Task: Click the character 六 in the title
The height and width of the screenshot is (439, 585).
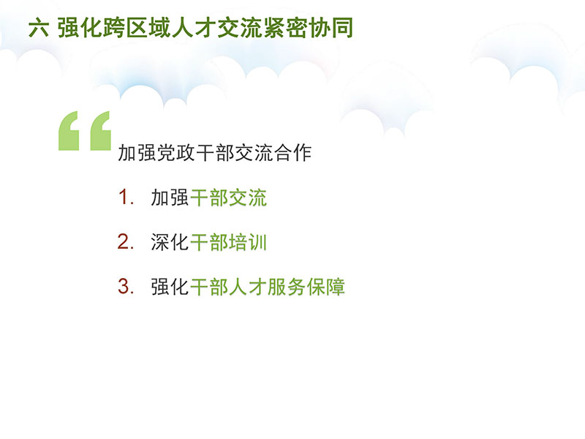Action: click(x=39, y=28)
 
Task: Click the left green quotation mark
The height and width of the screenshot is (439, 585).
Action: click(x=69, y=131)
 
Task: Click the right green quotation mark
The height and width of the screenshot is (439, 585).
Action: click(x=101, y=131)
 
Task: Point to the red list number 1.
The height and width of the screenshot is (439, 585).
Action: click(x=125, y=197)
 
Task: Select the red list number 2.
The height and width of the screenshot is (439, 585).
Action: click(x=125, y=241)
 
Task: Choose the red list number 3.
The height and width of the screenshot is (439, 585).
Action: click(x=125, y=286)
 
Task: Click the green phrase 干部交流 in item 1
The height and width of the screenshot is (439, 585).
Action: click(x=229, y=198)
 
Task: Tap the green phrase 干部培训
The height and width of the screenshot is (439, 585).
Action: click(x=229, y=242)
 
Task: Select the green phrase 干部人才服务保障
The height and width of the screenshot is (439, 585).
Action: click(x=268, y=287)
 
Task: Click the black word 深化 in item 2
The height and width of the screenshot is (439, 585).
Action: click(x=170, y=242)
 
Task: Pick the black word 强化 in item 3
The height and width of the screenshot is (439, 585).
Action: click(x=170, y=287)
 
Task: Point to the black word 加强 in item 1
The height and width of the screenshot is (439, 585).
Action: click(x=170, y=198)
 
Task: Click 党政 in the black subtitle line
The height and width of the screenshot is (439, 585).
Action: click(x=175, y=153)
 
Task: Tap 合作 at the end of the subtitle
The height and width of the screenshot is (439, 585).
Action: click(x=292, y=153)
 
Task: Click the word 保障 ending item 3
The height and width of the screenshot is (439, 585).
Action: click(x=326, y=287)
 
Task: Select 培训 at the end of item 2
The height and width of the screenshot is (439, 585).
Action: click(x=248, y=242)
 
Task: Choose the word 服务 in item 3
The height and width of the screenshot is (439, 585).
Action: click(x=287, y=287)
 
